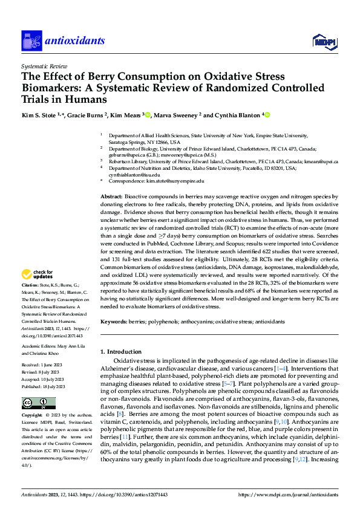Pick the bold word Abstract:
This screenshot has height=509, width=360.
[x=111, y=198]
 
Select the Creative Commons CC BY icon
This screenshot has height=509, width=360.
[x=39, y=403]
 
